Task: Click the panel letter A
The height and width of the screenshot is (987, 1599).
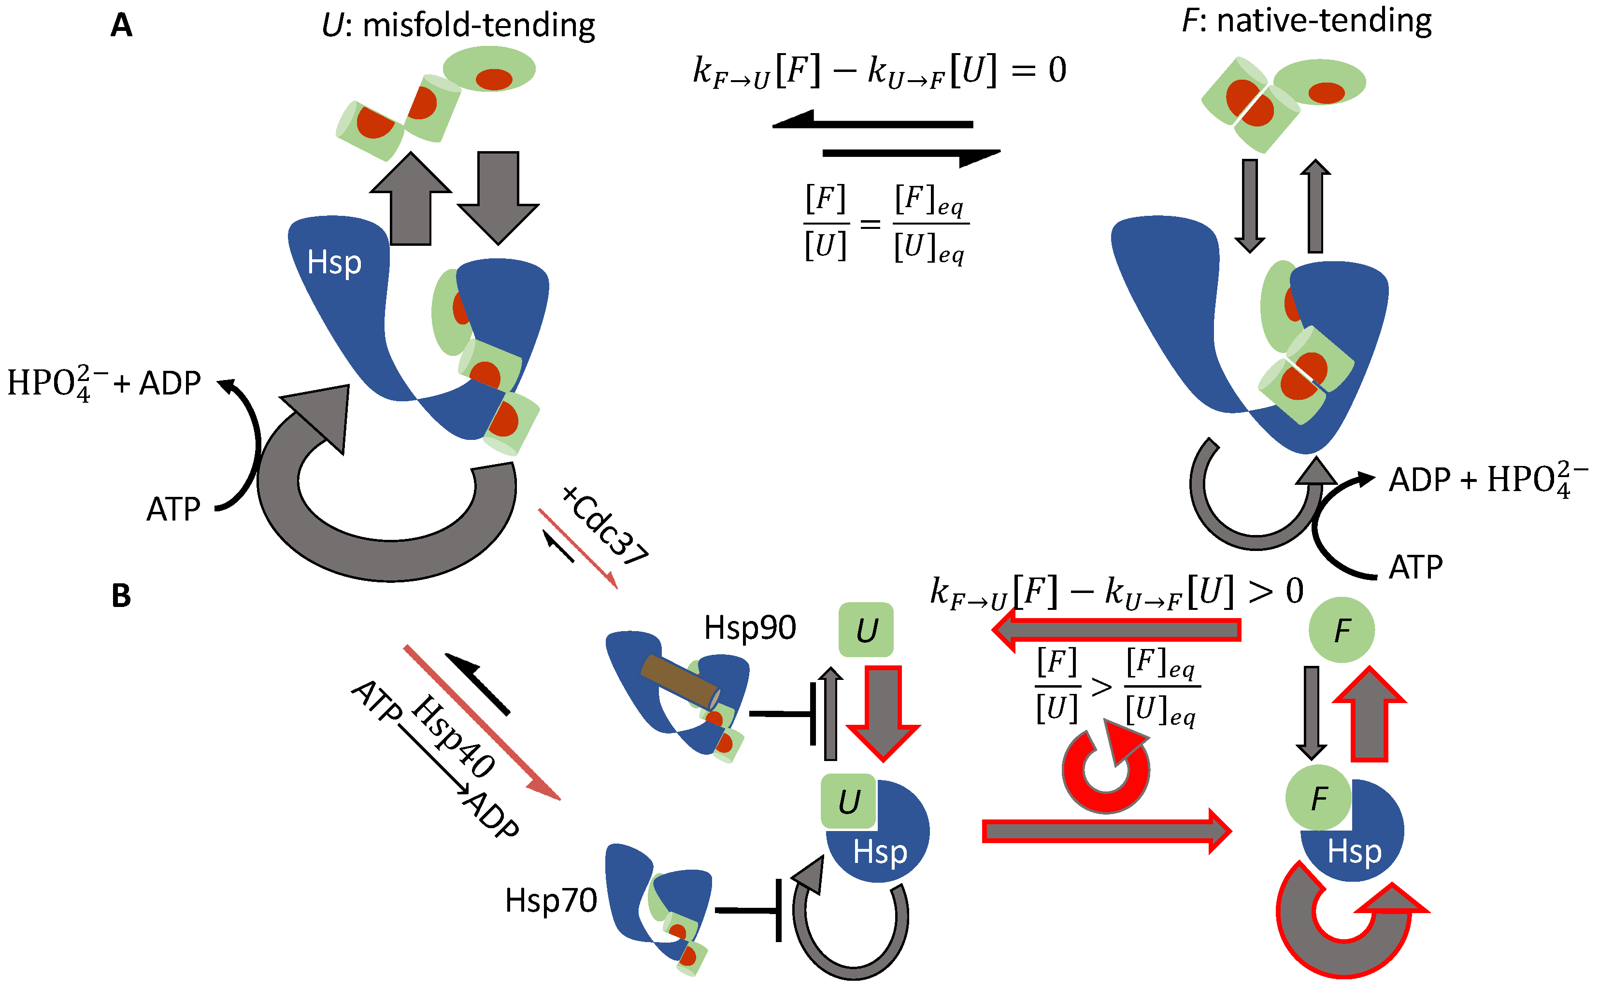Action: click(x=121, y=26)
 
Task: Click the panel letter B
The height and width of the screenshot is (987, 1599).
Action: click(x=121, y=595)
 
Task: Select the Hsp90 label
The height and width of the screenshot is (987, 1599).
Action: click(x=750, y=628)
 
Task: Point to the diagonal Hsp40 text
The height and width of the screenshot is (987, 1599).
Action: click(x=453, y=736)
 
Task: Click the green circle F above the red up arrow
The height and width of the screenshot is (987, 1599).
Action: click(x=1341, y=630)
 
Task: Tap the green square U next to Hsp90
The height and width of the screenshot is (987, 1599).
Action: click(x=866, y=630)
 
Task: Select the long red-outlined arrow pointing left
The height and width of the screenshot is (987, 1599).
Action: click(x=1116, y=630)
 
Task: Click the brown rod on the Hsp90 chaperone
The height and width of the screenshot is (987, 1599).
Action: click(x=679, y=681)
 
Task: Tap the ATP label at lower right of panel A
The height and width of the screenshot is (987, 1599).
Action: click(x=1415, y=566)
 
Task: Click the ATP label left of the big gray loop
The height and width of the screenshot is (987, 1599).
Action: click(x=173, y=509)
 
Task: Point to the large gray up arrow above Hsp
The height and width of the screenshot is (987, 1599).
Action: click(x=410, y=199)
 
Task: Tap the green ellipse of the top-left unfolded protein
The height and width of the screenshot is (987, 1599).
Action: click(x=489, y=69)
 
